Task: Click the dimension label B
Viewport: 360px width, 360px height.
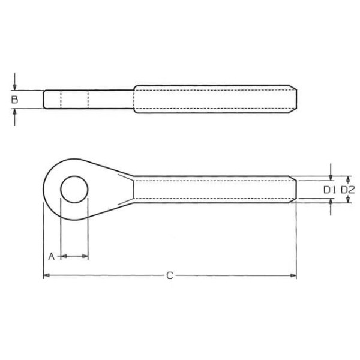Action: pos(14,100)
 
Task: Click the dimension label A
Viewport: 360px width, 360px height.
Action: pos(52,256)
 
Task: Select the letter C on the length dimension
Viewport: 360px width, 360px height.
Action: pos(170,275)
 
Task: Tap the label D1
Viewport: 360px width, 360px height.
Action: pos(329,190)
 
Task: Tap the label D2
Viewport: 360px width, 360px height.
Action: pos(348,190)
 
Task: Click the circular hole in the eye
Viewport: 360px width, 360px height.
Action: pos(74,190)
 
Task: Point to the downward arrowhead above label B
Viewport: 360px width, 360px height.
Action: pos(14,87)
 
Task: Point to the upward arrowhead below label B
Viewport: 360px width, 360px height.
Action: pos(14,112)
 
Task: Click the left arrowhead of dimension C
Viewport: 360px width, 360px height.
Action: pos(47,275)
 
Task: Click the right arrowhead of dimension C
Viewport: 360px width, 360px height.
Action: pos(293,275)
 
